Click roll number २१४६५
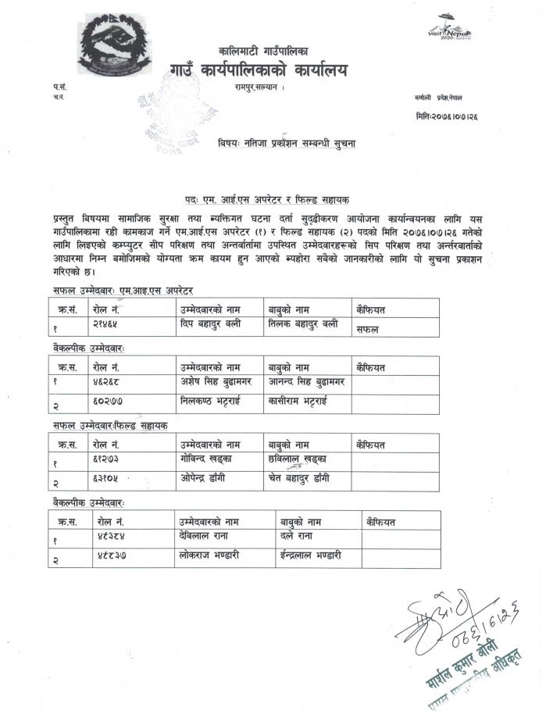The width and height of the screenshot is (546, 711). click(x=105, y=323)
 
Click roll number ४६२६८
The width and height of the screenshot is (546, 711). click(x=105, y=382)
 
